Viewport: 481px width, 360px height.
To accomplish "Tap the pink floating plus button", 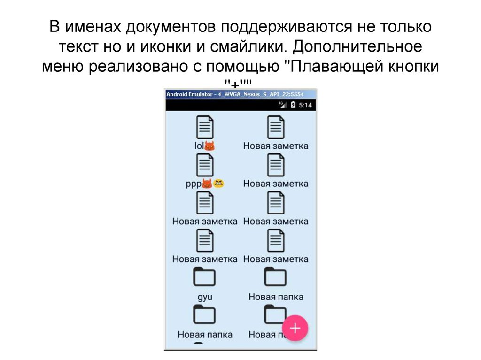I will [x=295, y=327].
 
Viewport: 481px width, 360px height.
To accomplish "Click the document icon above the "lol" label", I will [x=205, y=128].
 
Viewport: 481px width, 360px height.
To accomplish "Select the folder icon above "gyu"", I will [x=205, y=277].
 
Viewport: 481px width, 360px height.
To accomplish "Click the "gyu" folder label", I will [x=205, y=297].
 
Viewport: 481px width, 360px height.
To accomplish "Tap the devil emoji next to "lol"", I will [x=209, y=146].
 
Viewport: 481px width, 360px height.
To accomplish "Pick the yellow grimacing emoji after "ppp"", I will [x=219, y=184].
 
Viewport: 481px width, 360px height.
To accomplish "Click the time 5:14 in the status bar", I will [x=305, y=105].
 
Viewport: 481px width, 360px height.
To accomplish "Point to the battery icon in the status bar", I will [x=293, y=105].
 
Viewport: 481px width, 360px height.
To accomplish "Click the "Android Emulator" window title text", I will [x=188, y=94].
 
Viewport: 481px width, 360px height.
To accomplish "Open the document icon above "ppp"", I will [x=205, y=165].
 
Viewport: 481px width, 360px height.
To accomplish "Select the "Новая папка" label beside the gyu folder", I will [x=276, y=297].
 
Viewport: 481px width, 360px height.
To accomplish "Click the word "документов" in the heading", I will [x=171, y=27].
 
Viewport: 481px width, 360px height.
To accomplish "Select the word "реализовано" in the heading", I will [x=140, y=66].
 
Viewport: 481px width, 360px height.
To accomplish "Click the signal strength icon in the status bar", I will [x=283, y=105].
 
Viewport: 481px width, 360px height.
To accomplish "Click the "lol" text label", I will [x=199, y=146].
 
